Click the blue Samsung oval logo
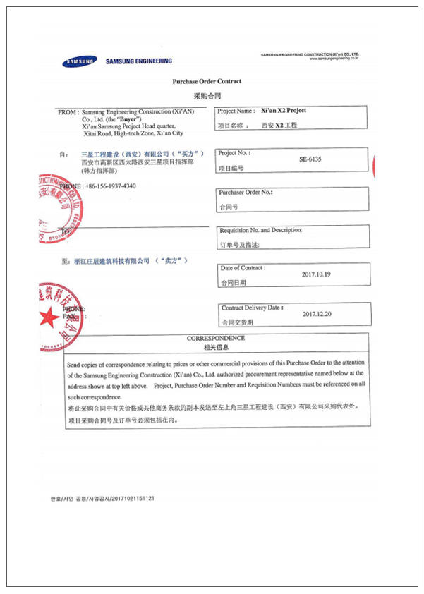point(78,61)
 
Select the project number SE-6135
point(310,159)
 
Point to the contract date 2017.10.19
point(315,274)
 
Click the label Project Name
point(236,111)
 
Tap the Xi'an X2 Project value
point(284,111)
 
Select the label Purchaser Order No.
point(246,193)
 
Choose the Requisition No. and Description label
point(261,231)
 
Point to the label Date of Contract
point(243,268)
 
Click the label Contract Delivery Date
point(252,308)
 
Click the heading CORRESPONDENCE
point(216,339)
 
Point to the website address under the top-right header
point(334,59)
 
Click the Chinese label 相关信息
point(216,348)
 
